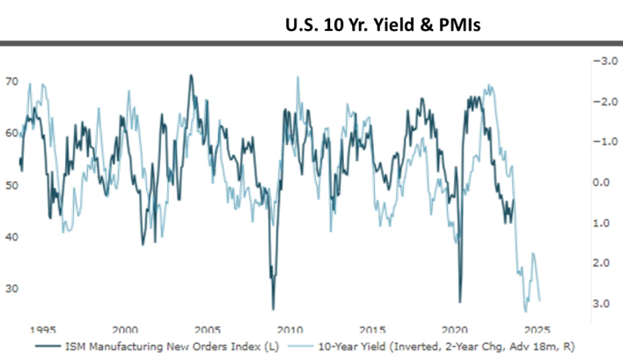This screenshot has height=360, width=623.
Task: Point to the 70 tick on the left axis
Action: click(x=12, y=82)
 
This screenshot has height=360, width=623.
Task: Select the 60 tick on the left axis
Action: click(x=12, y=134)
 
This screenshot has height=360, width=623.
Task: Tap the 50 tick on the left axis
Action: click(x=12, y=186)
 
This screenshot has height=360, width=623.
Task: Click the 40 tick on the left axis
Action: click(x=12, y=237)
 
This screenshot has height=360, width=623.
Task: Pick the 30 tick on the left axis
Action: click(x=12, y=289)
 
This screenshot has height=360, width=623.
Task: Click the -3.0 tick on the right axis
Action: click(x=601, y=61)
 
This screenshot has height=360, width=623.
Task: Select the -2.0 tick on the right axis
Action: click(x=601, y=101)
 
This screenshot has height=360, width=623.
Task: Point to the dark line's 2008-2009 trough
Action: click(x=273, y=307)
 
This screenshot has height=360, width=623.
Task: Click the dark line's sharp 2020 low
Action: click(x=459, y=301)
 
